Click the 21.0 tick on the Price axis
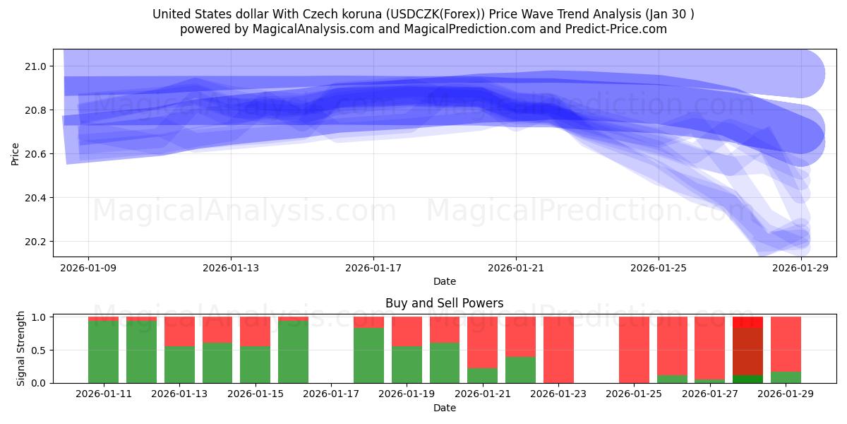pos(36,66)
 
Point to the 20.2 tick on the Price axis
pos(36,242)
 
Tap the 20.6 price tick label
pos(36,154)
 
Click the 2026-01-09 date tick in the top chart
pos(88,269)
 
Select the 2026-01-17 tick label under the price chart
pos(373,269)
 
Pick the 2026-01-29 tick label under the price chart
pos(801,269)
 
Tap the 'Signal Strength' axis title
pos(21,348)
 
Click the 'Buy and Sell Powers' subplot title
pos(444,303)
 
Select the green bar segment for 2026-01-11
pos(103,352)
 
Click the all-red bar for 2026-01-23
pos(558,350)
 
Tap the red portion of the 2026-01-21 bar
pos(483,342)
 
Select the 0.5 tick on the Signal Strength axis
pos(39,350)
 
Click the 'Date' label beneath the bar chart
pos(444,408)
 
